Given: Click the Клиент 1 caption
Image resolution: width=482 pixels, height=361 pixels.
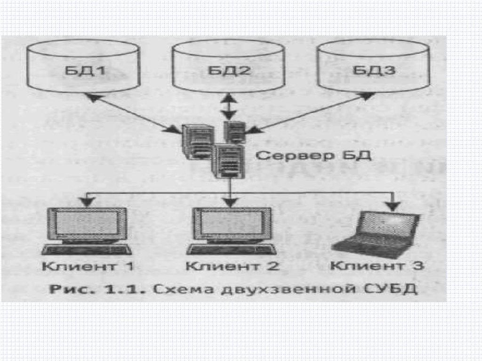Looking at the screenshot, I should point(88,266).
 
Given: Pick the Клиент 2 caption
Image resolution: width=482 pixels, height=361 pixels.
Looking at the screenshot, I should point(233,266).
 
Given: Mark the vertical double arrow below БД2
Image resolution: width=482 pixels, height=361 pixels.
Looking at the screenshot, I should point(229,108).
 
